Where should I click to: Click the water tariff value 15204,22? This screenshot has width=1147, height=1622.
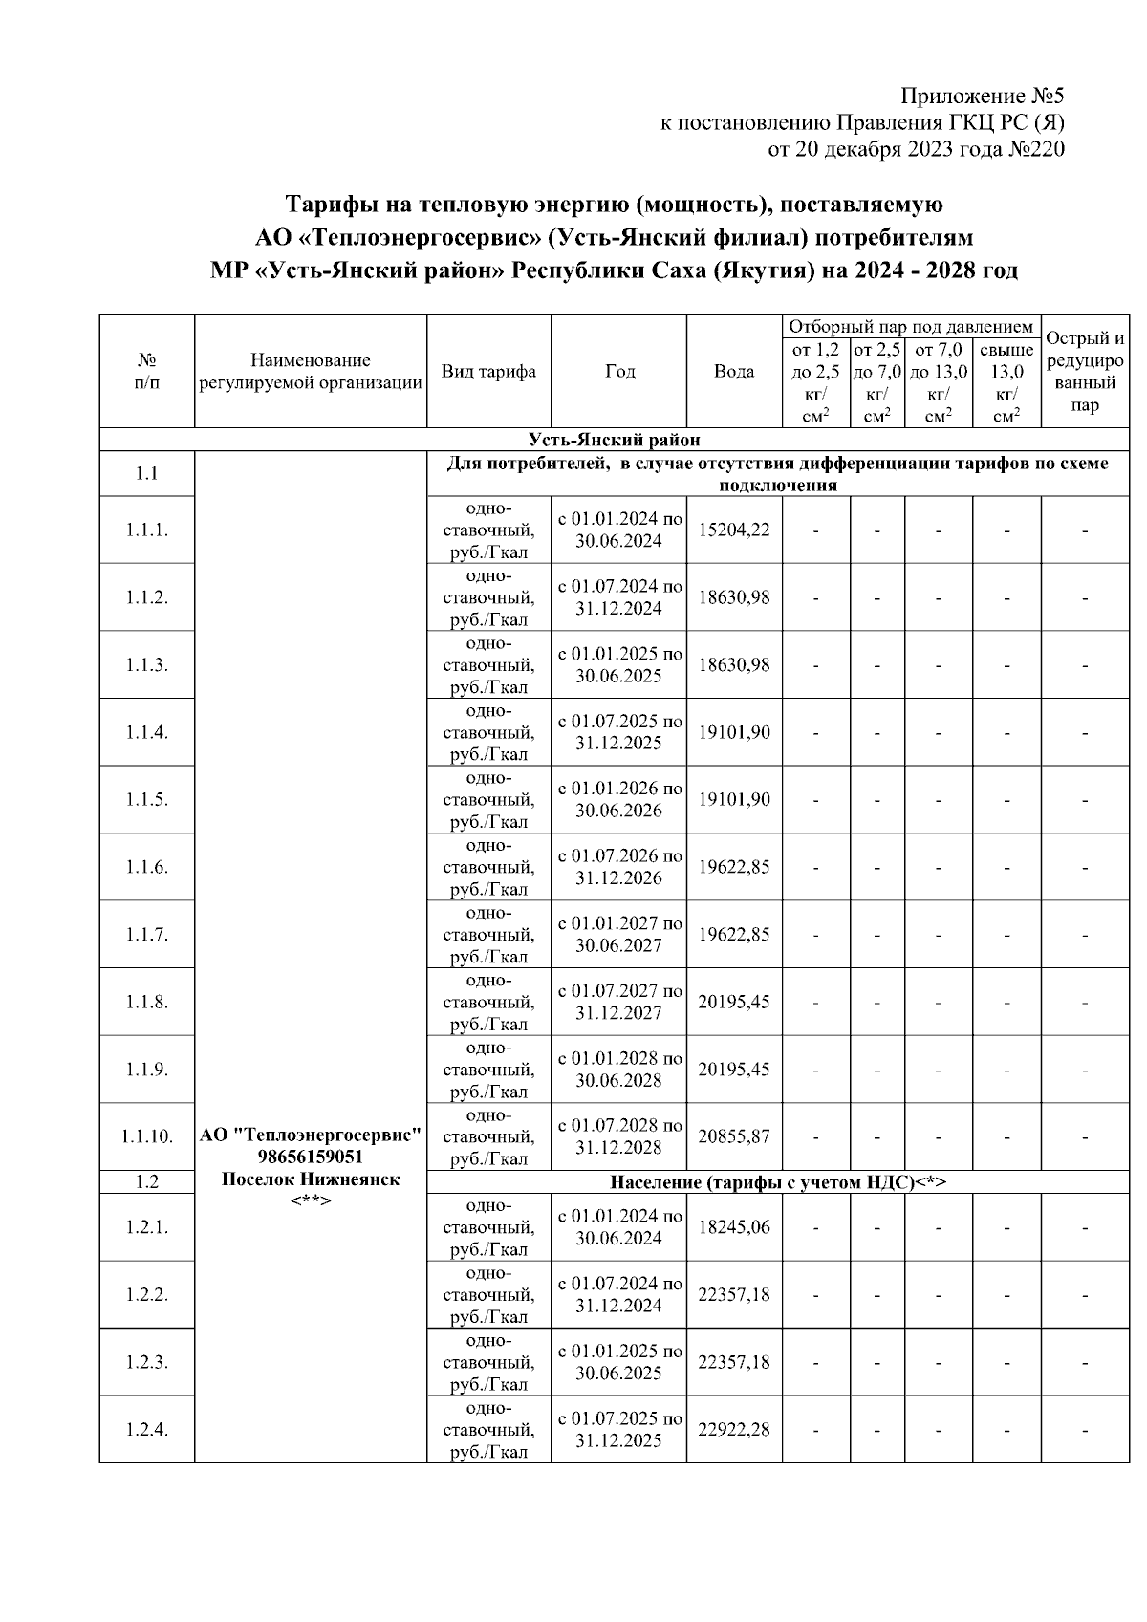[733, 530]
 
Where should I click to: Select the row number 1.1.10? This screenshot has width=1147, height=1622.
[146, 1136]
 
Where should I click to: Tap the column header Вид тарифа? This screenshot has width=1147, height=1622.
[488, 372]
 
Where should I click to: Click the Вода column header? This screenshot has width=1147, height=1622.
[733, 372]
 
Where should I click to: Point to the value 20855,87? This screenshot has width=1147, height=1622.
[733, 1136]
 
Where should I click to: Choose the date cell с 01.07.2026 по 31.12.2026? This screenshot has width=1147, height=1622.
[618, 867]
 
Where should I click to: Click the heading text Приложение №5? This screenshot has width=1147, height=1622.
[983, 97]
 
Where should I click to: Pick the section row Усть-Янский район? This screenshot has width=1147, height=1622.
[614, 440]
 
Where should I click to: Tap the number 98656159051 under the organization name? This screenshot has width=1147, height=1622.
[310, 1157]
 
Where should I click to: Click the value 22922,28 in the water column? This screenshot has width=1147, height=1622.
[733, 1430]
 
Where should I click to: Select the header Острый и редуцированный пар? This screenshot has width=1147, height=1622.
[1085, 372]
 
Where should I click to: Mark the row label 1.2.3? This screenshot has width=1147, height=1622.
[146, 1362]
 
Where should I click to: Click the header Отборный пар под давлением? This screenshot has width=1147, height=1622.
[910, 327]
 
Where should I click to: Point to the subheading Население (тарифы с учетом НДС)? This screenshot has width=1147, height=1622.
[777, 1182]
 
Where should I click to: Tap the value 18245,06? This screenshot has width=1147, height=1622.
[733, 1227]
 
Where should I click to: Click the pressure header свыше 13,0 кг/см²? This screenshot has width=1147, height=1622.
[1006, 383]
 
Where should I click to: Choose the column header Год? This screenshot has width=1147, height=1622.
[618, 372]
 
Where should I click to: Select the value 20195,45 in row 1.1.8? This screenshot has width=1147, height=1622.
[733, 1002]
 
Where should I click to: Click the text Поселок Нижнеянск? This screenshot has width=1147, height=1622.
[310, 1179]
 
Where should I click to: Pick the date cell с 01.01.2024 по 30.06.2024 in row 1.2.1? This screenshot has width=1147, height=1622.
[618, 1227]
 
